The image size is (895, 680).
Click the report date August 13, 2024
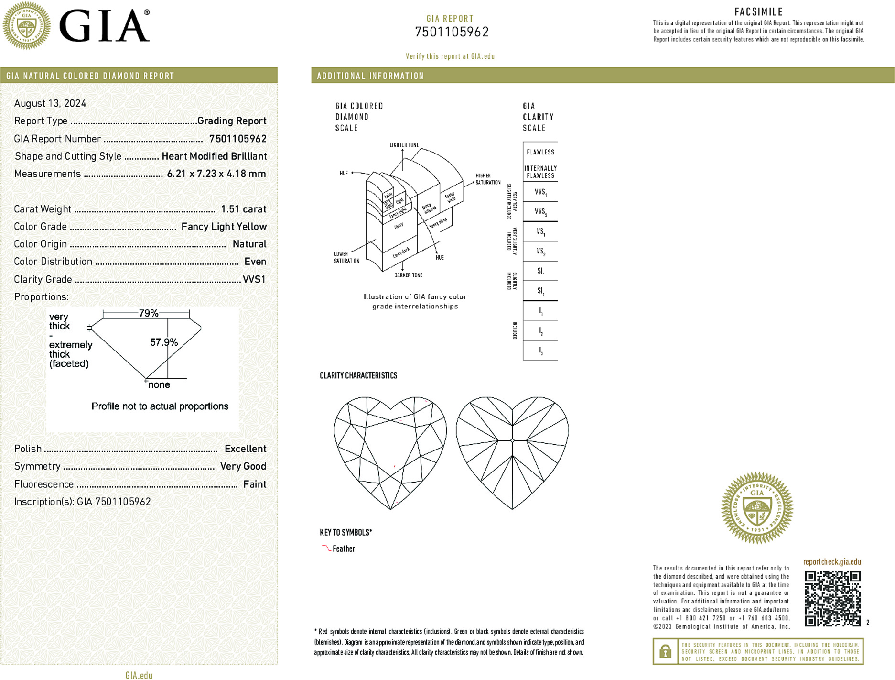tap(50, 103)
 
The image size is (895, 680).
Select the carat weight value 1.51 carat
tap(243, 209)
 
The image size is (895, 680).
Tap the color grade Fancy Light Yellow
tap(224, 227)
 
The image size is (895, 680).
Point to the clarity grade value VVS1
tap(254, 279)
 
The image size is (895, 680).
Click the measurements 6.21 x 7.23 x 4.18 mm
tap(216, 174)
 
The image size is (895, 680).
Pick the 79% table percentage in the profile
tap(148, 313)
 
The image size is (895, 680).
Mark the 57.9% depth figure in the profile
tap(163, 342)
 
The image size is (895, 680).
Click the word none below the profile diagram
tap(159, 385)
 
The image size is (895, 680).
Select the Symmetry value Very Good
tap(243, 466)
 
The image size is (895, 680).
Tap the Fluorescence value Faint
tap(254, 484)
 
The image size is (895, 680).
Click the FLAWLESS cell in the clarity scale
tap(540, 152)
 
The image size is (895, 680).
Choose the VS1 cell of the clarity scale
tap(540, 231)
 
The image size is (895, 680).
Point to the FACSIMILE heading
tap(758, 12)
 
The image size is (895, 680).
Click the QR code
tap(832, 598)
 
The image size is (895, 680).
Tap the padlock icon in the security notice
tap(665, 651)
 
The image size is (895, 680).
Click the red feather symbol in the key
tap(326, 548)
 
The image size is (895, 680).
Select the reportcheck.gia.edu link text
tap(832, 562)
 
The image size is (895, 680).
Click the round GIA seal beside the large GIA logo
tap(27, 26)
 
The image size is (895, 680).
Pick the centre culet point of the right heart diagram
tap(512, 440)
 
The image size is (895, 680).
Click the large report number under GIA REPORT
tap(452, 32)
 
